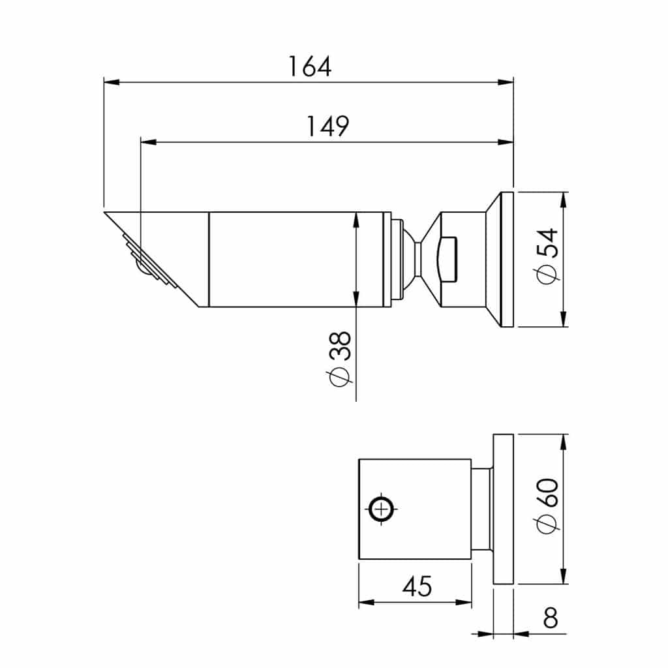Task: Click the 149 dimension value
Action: pyautogui.click(x=328, y=127)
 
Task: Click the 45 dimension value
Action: pyautogui.click(x=416, y=586)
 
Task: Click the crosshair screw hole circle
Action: pyautogui.click(x=381, y=509)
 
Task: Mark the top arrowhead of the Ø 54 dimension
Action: pyautogui.click(x=564, y=199)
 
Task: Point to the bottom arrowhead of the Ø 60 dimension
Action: pyautogui.click(x=564, y=577)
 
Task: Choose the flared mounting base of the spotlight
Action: pyautogui.click(x=499, y=260)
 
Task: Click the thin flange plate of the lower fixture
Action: pyautogui.click(x=504, y=509)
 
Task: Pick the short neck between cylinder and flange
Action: pyautogui.click(x=481, y=509)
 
